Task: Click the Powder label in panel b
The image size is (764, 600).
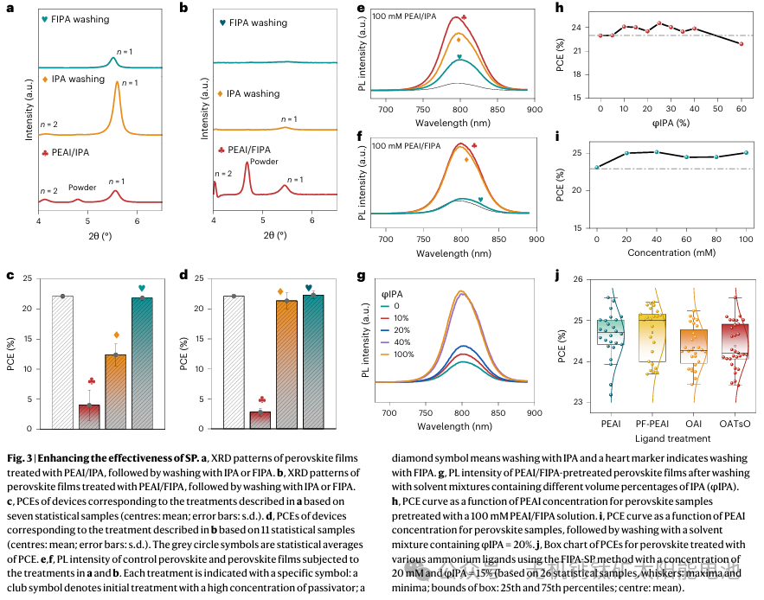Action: (265, 161)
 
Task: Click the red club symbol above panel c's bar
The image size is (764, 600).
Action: (91, 381)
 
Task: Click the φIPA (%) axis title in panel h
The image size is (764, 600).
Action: (670, 129)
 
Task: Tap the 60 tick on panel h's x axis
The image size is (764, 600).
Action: (742, 111)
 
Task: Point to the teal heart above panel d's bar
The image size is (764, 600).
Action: (309, 288)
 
